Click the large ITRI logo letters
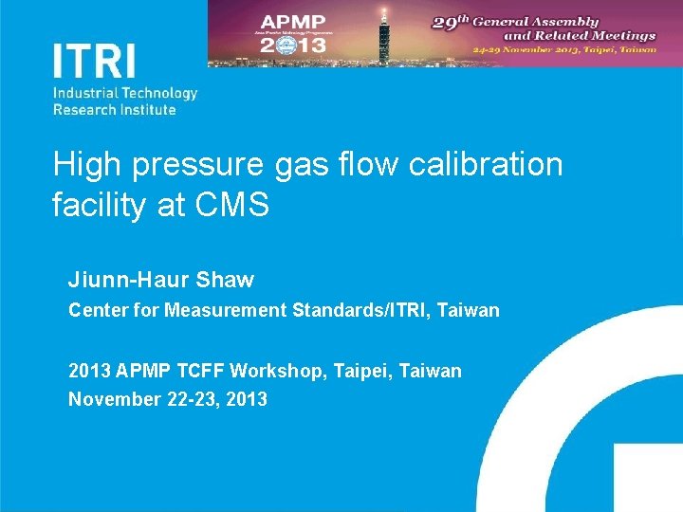(95, 60)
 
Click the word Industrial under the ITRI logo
(83, 93)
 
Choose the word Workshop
(282, 371)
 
